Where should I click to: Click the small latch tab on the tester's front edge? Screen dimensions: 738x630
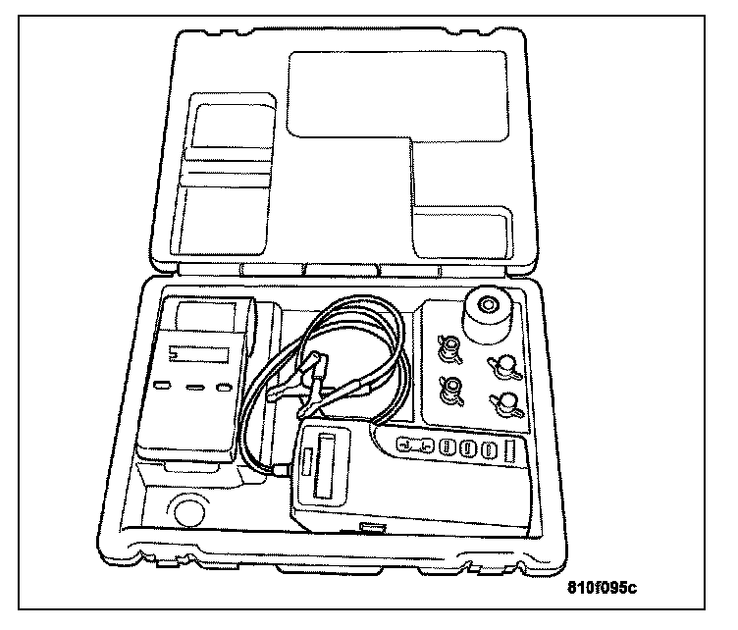[x=372, y=528]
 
